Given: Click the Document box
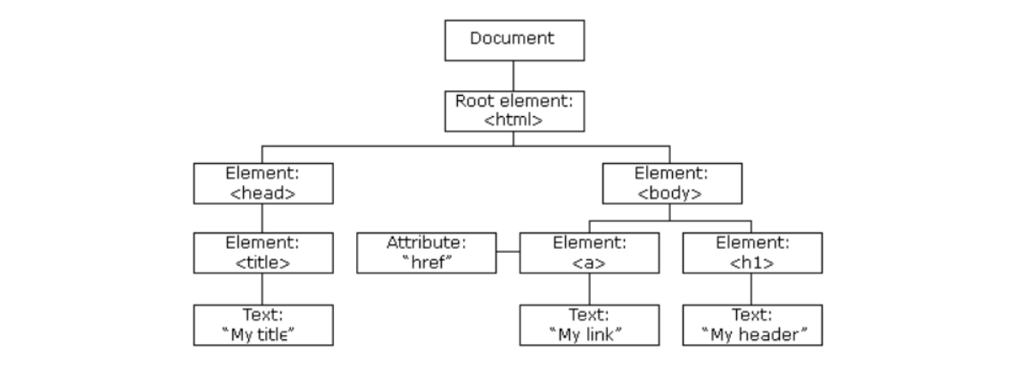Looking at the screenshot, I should pos(513,38).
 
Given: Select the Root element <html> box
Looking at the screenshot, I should pos(513,109).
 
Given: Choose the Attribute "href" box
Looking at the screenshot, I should pos(426,252).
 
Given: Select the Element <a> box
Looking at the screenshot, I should pos(591,252).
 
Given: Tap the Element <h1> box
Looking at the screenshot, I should pos(752,252).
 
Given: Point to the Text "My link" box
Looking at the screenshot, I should pos(591,324).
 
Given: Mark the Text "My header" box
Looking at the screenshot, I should pos(752,324).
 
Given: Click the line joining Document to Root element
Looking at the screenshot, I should pos(513,73).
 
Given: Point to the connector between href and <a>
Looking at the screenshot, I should pos(508,252).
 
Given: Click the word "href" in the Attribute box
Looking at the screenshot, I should pos(426,261).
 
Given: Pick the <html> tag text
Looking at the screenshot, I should pos(513,120).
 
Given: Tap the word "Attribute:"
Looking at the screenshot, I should pos(426,243).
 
